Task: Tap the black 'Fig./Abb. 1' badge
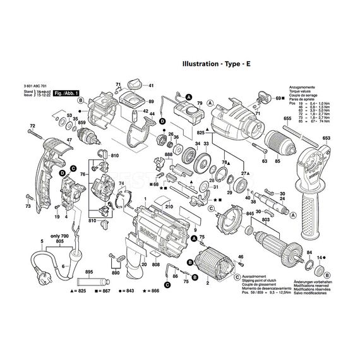[x=68, y=93]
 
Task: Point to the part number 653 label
[x=326, y=138]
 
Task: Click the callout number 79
[x=199, y=103]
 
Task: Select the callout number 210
[x=167, y=206]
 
